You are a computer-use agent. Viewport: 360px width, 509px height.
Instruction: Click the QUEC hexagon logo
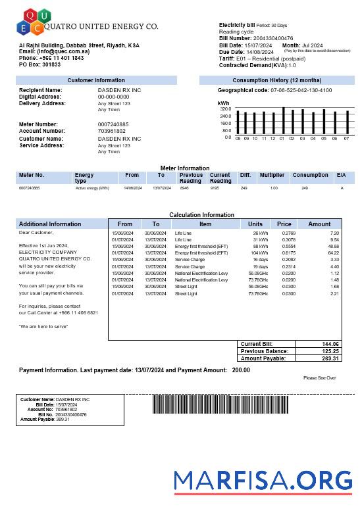30,21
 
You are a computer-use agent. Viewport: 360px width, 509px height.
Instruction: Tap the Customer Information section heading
96,80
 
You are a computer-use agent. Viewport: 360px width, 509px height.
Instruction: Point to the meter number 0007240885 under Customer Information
113,124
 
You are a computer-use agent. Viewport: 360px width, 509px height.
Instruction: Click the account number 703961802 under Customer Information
111,131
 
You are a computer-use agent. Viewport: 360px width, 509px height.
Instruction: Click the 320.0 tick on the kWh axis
226,109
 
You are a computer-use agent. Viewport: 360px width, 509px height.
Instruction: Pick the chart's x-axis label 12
272,138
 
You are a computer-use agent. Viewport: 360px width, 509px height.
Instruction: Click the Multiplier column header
272,176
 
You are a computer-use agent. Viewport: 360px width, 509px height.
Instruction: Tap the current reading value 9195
215,188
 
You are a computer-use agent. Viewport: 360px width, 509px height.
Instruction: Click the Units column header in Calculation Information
255,224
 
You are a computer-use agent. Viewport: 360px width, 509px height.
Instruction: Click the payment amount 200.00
241,370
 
